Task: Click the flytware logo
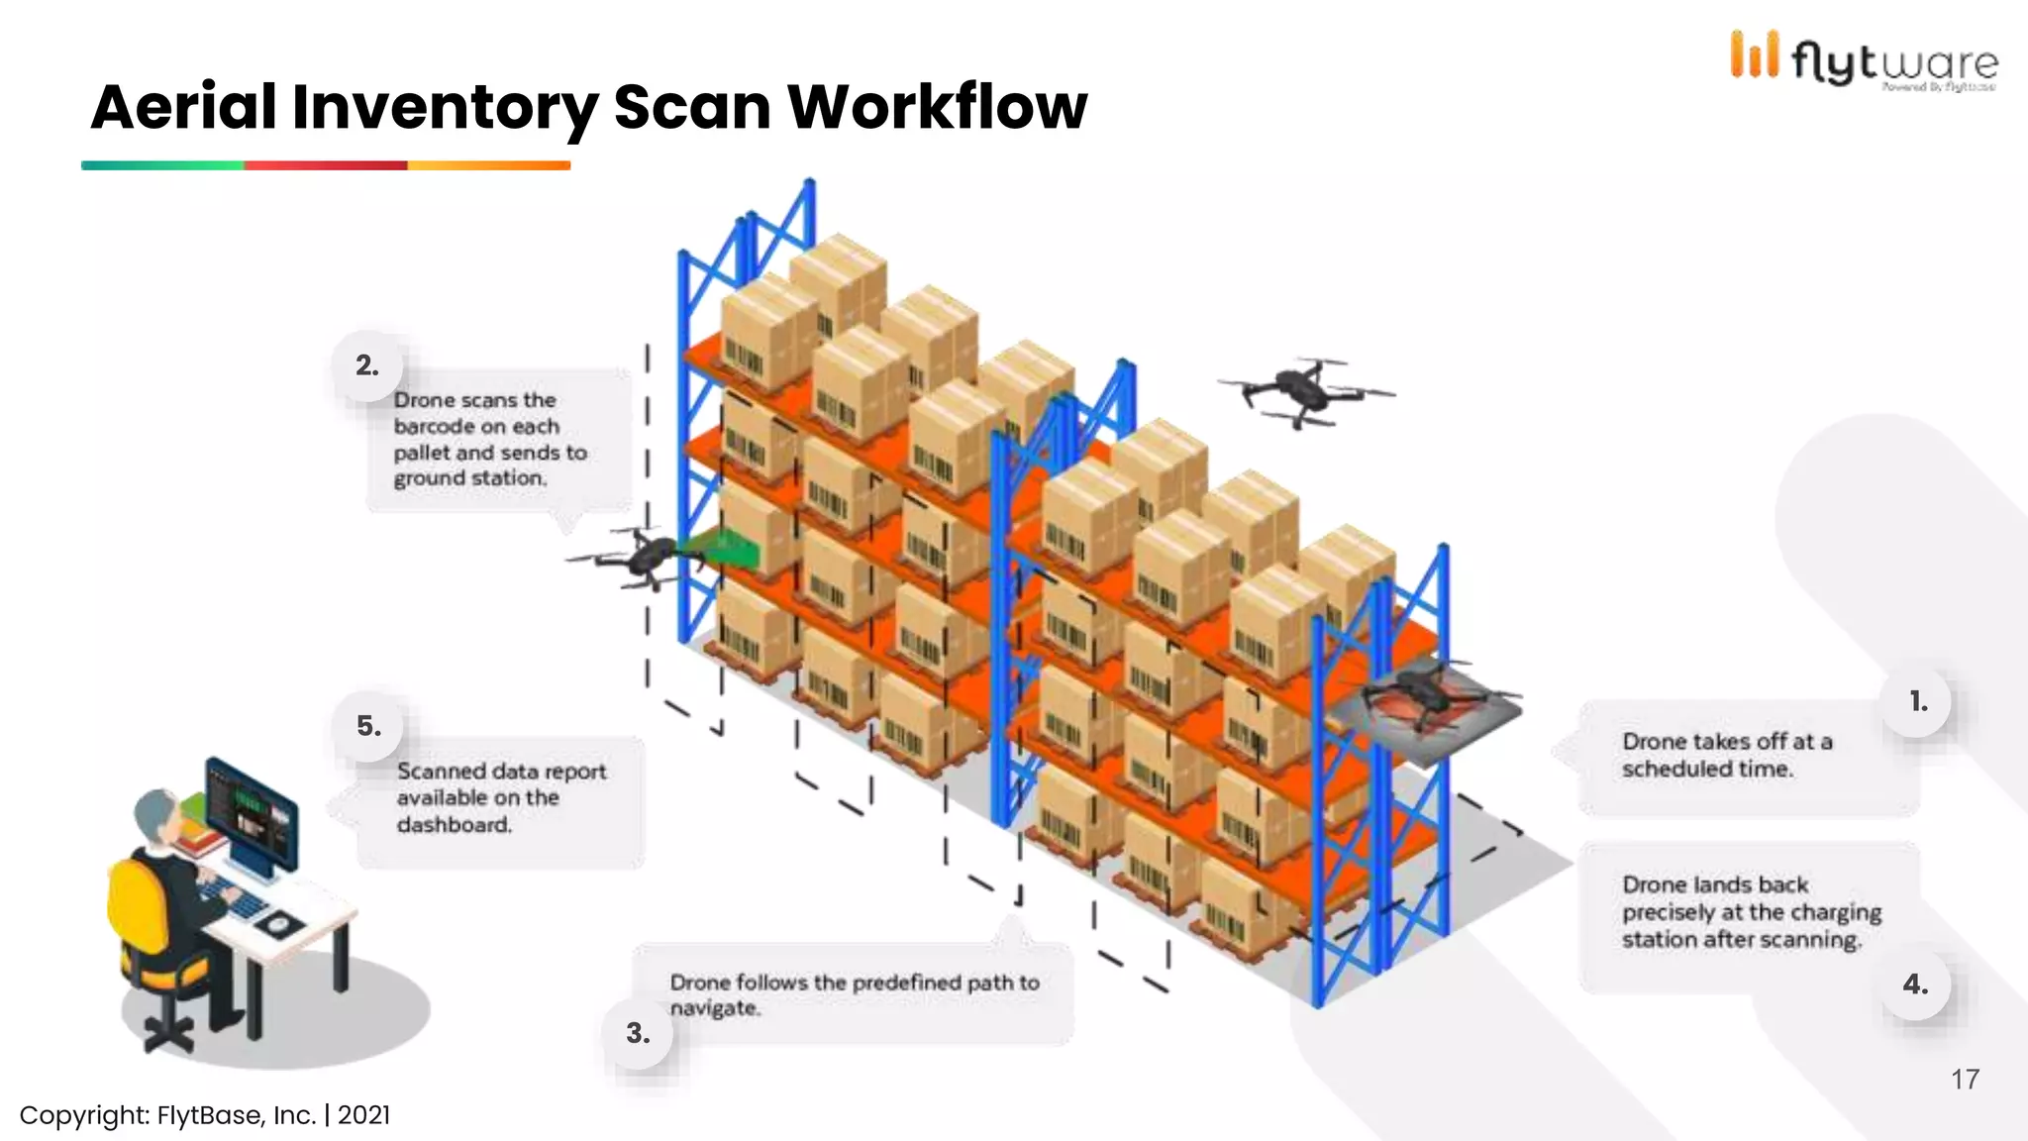pyautogui.click(x=1864, y=59)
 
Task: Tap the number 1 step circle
pyautogui.click(x=1918, y=701)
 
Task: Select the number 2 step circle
pyautogui.click(x=367, y=365)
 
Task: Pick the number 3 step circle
pyautogui.click(x=638, y=1033)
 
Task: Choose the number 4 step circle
pyautogui.click(x=1916, y=985)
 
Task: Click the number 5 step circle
pyautogui.click(x=368, y=726)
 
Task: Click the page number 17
pyautogui.click(x=1965, y=1079)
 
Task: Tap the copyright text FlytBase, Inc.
pyautogui.click(x=236, y=1115)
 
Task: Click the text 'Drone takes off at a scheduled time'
pyautogui.click(x=1726, y=755)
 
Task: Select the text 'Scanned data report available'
pyautogui.click(x=501, y=784)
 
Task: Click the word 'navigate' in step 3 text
pyautogui.click(x=714, y=1008)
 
